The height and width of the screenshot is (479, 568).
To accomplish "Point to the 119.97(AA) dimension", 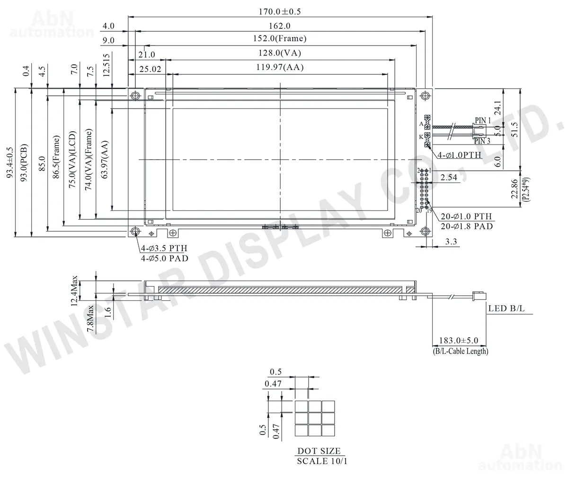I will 280,67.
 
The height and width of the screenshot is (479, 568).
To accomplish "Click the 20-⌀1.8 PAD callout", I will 467,226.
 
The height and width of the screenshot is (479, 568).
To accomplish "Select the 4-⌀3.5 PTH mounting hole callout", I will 164,248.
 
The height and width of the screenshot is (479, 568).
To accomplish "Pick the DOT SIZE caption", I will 319,451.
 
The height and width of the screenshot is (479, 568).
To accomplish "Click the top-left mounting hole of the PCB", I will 135,95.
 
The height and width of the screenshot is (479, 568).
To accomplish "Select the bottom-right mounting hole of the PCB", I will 425,231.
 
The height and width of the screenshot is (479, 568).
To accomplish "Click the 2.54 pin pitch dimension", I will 448,177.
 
